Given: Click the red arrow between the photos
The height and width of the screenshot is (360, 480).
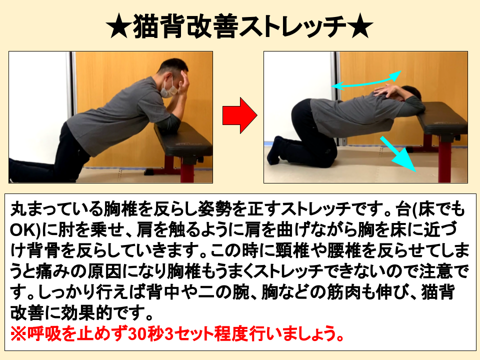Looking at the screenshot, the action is [239, 115].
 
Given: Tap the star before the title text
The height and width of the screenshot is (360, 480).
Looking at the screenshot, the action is [119, 26].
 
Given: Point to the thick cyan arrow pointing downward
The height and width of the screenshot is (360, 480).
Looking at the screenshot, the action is [398, 154].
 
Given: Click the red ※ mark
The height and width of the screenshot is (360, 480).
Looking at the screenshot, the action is [18, 333].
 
